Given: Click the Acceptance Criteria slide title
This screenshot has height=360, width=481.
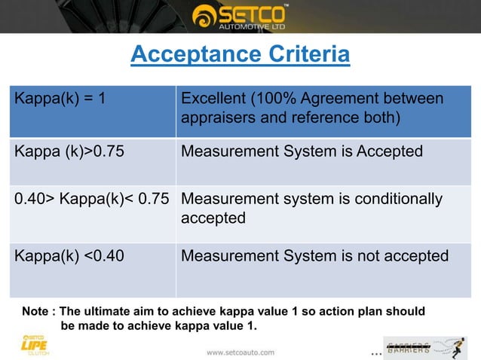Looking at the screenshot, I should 240,55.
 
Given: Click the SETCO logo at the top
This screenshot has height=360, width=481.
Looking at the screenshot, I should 240,16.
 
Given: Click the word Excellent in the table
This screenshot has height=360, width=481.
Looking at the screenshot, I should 214,99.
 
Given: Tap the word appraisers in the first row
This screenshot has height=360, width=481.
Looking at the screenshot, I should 218,119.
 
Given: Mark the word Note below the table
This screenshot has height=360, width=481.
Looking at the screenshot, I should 35,311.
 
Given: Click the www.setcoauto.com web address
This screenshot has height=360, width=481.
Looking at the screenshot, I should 240,352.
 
